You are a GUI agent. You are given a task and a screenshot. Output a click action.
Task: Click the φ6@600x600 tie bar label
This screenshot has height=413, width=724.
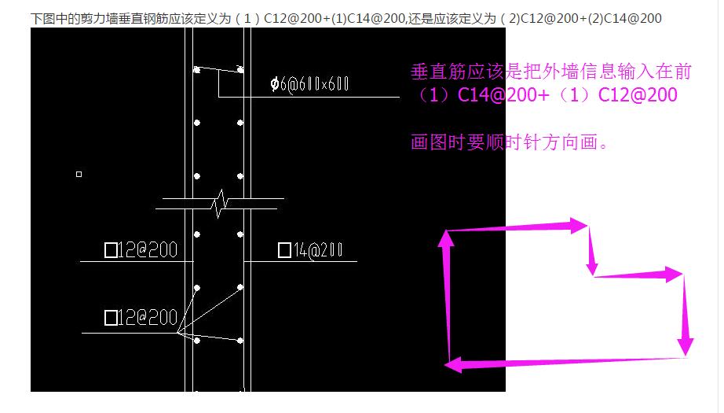click(x=309, y=84)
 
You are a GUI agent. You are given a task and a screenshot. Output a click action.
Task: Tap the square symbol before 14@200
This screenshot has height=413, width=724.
click(x=284, y=250)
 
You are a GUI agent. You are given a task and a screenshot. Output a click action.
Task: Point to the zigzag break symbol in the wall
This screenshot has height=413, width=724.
click(x=220, y=204)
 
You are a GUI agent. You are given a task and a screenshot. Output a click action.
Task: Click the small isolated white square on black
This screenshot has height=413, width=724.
click(x=79, y=175)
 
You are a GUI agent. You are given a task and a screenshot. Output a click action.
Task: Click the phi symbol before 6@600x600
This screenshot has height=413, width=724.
click(x=275, y=84)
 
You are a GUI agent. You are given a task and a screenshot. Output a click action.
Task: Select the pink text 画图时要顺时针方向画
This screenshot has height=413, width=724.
click(x=508, y=142)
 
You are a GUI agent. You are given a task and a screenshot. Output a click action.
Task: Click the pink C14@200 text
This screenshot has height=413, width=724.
click(x=503, y=95)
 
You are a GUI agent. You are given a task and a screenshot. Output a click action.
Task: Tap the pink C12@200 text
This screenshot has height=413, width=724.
click(x=638, y=95)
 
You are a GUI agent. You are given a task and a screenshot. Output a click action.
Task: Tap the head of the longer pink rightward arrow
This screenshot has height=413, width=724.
click(x=579, y=226)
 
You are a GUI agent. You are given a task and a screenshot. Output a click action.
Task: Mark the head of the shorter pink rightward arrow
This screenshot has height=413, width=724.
click(x=674, y=275)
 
